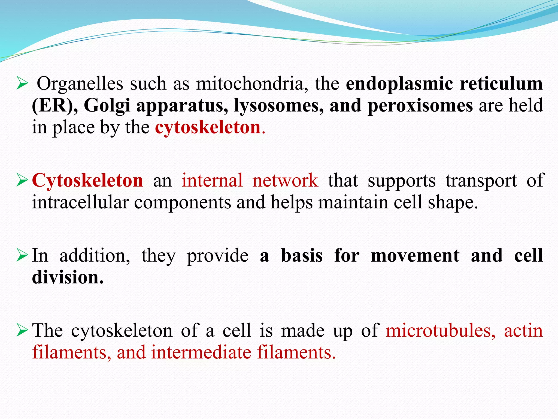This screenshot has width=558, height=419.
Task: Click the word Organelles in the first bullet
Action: [x=80, y=84]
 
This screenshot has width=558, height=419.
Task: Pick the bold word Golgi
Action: [x=107, y=106]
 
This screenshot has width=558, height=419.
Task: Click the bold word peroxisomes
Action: [x=420, y=106]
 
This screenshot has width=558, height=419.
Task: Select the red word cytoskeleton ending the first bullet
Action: [x=208, y=127]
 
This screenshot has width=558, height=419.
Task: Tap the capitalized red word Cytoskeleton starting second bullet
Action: [x=87, y=181]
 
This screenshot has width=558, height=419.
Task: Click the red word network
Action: [x=285, y=180]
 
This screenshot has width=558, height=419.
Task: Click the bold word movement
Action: [x=415, y=256]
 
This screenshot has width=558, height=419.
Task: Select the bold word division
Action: [x=68, y=277]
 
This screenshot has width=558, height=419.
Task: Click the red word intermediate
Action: [x=201, y=352]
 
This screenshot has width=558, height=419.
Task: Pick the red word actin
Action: [x=523, y=331]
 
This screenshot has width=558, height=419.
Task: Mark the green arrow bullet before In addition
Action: [x=22, y=255]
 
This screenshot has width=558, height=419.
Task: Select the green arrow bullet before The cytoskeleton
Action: [x=22, y=330]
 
